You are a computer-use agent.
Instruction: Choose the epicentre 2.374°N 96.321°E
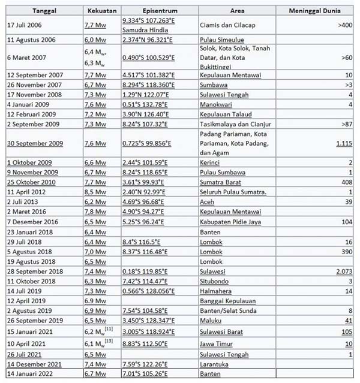[148, 40]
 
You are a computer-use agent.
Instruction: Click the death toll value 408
[346, 182]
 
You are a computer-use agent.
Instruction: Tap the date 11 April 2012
[28, 191]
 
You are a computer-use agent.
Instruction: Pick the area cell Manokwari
[216, 104]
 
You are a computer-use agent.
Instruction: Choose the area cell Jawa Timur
[217, 343]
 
